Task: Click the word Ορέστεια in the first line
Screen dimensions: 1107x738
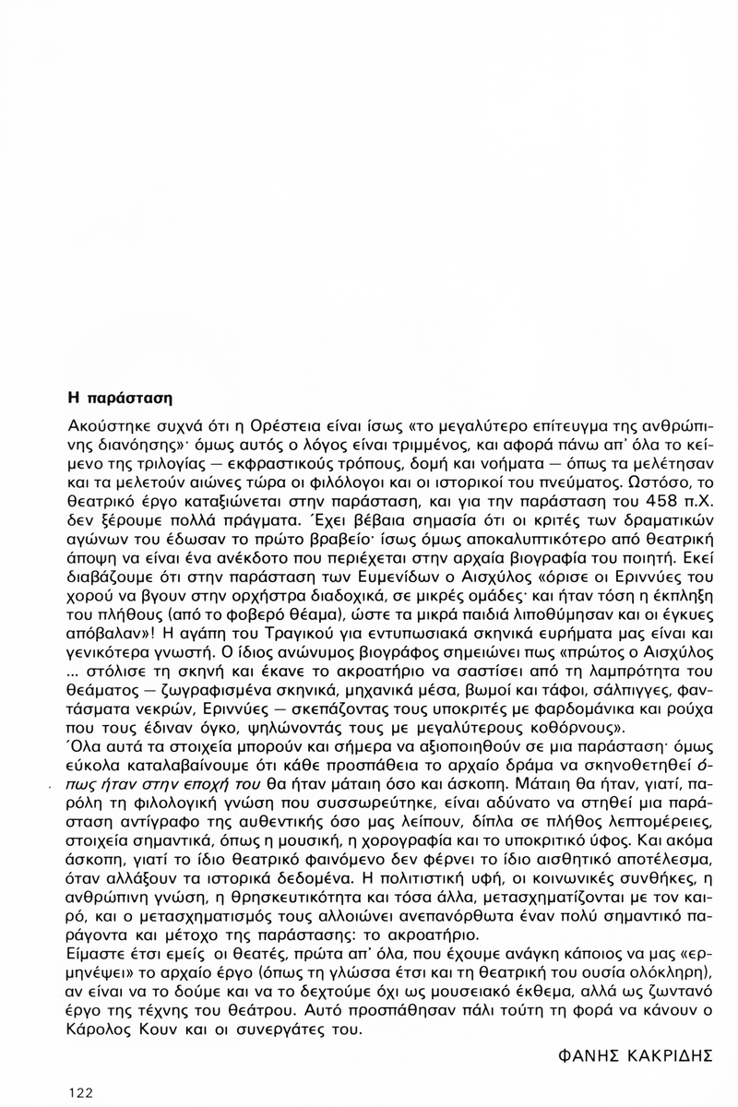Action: point(229,428)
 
